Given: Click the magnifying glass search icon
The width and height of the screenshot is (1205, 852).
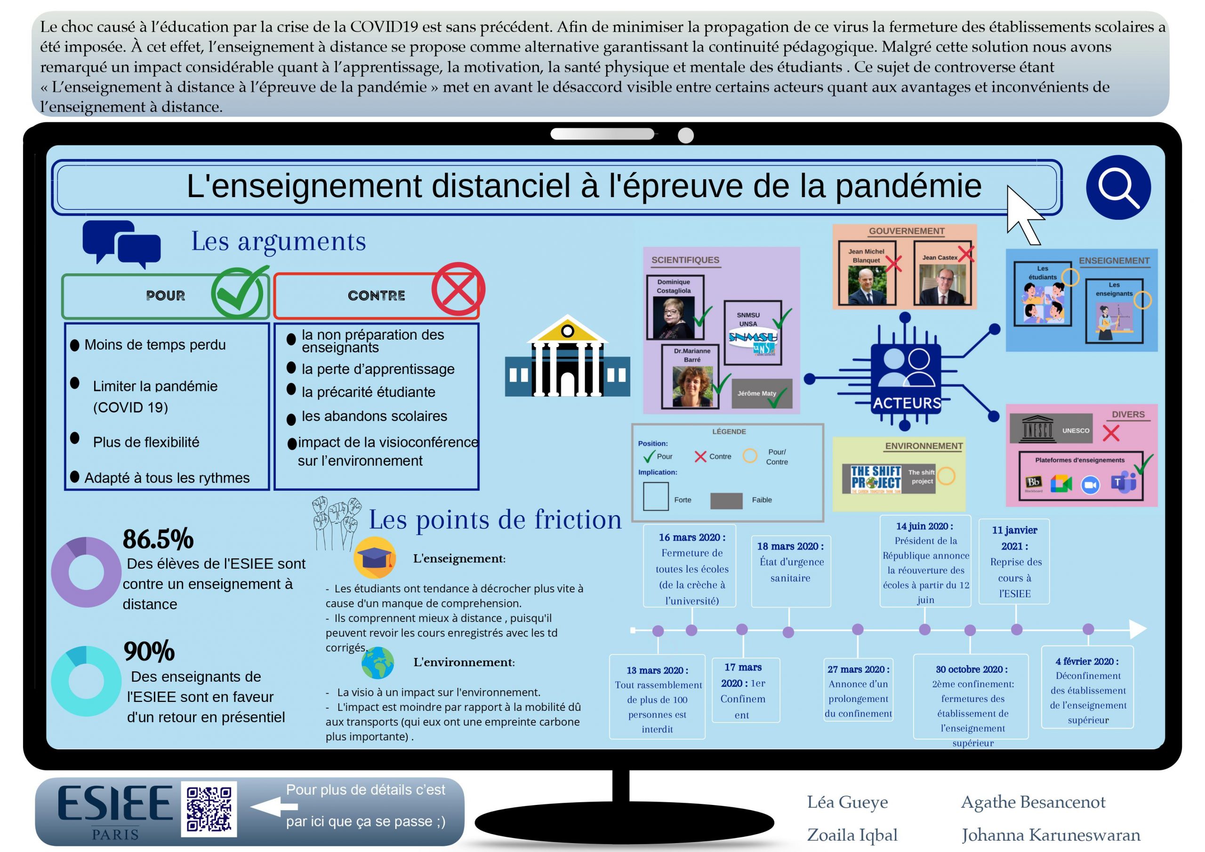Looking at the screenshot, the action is pos(1118,187).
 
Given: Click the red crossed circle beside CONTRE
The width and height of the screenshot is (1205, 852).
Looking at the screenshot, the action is pos(458,289).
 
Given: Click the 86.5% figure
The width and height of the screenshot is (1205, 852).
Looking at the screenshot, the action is pos(158,539).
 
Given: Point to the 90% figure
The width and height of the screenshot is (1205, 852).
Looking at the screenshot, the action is pos(149,651).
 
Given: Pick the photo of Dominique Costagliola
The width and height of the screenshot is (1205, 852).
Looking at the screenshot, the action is pos(674,318).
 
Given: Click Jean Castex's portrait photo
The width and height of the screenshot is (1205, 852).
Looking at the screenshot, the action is pos(942,284).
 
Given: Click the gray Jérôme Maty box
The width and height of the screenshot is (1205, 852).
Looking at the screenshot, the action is pos(762,393).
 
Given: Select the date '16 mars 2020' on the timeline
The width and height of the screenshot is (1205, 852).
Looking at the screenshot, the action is pos(692,537).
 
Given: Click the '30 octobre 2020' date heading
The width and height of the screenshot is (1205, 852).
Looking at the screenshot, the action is pos(972,669).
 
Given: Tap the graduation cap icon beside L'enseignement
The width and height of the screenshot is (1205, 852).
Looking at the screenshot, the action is pos(374,557).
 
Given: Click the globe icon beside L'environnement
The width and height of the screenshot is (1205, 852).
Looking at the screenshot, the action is pos(378,662).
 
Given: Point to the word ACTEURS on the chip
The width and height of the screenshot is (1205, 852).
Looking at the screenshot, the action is pos(907,403).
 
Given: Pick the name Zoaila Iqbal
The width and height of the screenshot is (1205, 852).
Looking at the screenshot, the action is pos(852,835).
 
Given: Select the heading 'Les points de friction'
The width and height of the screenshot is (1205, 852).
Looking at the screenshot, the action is pos(495,519).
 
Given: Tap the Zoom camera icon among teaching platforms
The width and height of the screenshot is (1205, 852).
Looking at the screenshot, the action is pos(1090,485).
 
